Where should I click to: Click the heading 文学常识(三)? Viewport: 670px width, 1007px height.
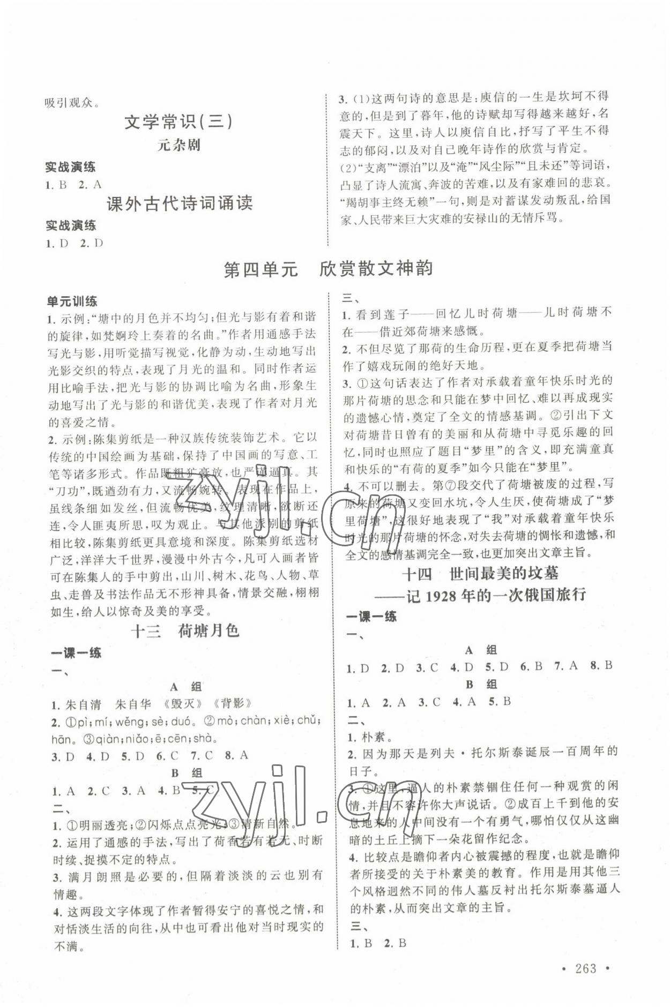coord(178,122)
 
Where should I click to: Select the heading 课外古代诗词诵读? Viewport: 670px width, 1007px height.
coord(179,204)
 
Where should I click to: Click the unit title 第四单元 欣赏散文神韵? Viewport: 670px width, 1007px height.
coord(327,269)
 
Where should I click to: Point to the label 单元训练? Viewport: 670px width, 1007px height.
coord(72,302)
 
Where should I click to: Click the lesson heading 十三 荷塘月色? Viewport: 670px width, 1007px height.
coord(185,631)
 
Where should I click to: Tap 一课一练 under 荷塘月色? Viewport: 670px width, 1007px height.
coord(76,653)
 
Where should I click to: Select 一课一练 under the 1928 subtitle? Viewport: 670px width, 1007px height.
coord(371,617)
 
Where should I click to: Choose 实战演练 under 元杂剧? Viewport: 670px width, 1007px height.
coord(70,167)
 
